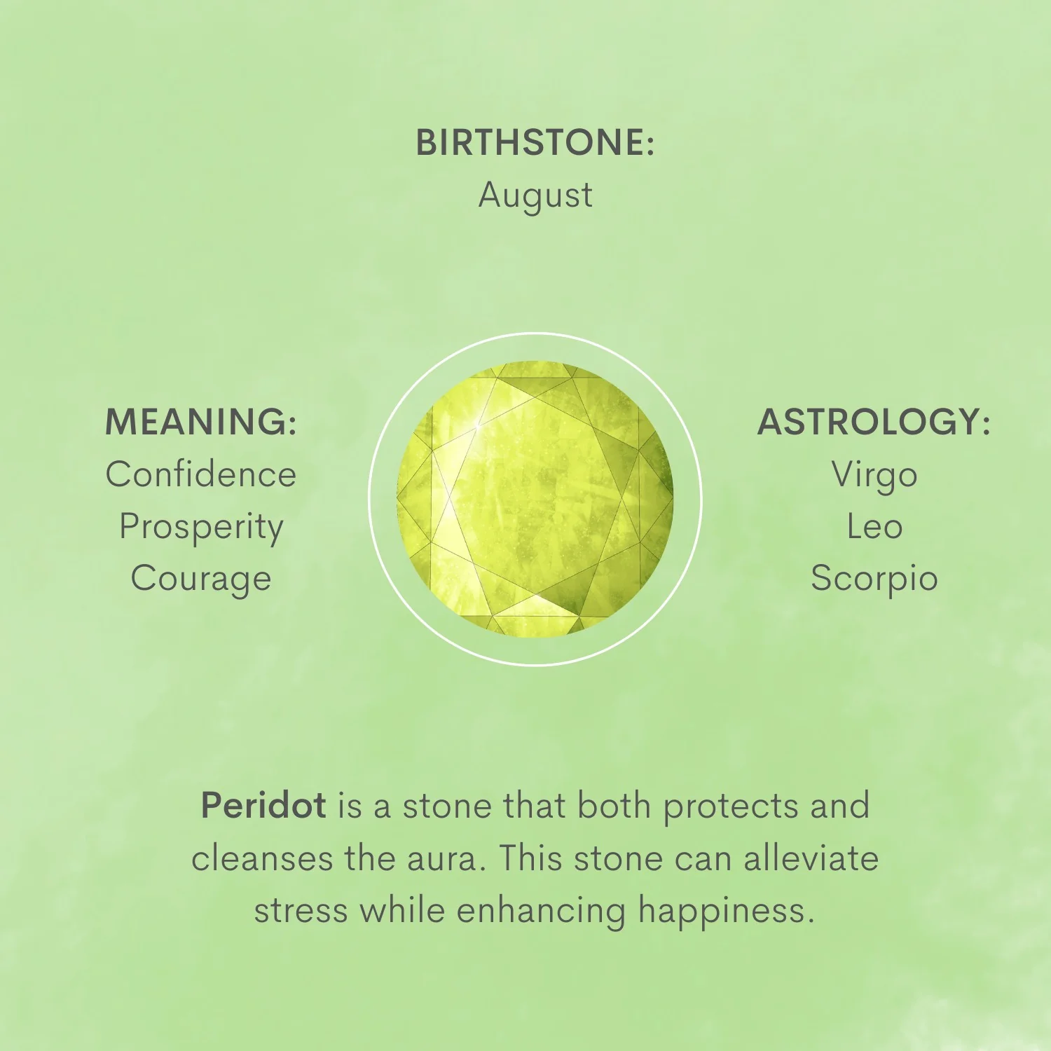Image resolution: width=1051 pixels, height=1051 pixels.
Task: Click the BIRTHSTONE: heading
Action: click(535, 142)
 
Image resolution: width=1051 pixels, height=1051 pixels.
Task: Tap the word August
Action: click(535, 195)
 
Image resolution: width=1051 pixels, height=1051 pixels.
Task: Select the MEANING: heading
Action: click(201, 422)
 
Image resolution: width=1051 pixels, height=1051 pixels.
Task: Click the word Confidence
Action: click(201, 474)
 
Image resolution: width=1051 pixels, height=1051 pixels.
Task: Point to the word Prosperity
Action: click(201, 528)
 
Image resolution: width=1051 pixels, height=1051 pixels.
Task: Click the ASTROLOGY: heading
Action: click(874, 422)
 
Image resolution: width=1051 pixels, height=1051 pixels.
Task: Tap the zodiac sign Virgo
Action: click(874, 476)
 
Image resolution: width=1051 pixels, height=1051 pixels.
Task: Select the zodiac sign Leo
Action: click(874, 526)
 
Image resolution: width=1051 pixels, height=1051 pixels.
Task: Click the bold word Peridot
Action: click(263, 806)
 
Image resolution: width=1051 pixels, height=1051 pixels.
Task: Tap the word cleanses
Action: click(262, 859)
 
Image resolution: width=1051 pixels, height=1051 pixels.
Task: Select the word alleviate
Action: click(811, 859)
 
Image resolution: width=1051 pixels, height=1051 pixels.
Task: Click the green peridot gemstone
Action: click(535, 499)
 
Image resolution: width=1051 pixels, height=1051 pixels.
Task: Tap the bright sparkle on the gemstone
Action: click(478, 425)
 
